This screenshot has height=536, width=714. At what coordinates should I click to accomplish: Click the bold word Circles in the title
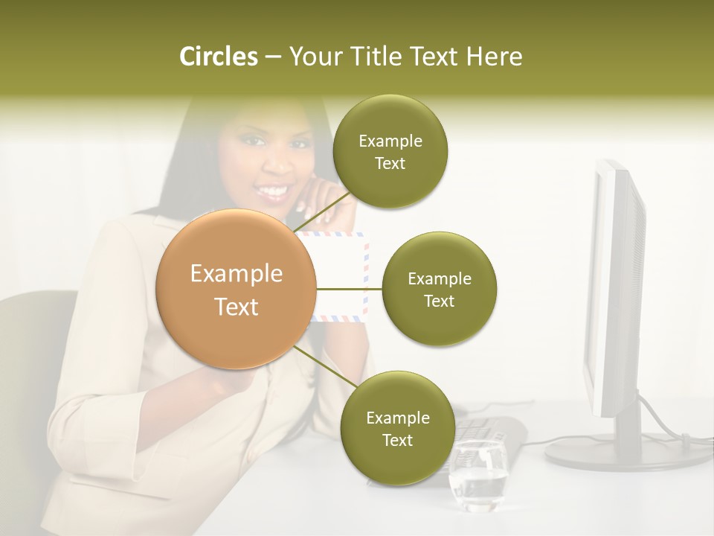(x=218, y=57)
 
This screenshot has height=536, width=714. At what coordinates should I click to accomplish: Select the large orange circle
(x=237, y=289)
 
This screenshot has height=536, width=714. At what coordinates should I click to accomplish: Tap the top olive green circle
(x=390, y=152)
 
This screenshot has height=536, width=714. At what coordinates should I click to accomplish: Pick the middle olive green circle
(x=439, y=289)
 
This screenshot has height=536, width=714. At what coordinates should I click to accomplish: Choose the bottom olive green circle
(x=397, y=428)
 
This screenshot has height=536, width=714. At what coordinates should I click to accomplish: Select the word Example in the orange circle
(x=237, y=274)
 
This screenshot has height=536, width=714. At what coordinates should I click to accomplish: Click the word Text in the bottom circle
(x=397, y=440)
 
